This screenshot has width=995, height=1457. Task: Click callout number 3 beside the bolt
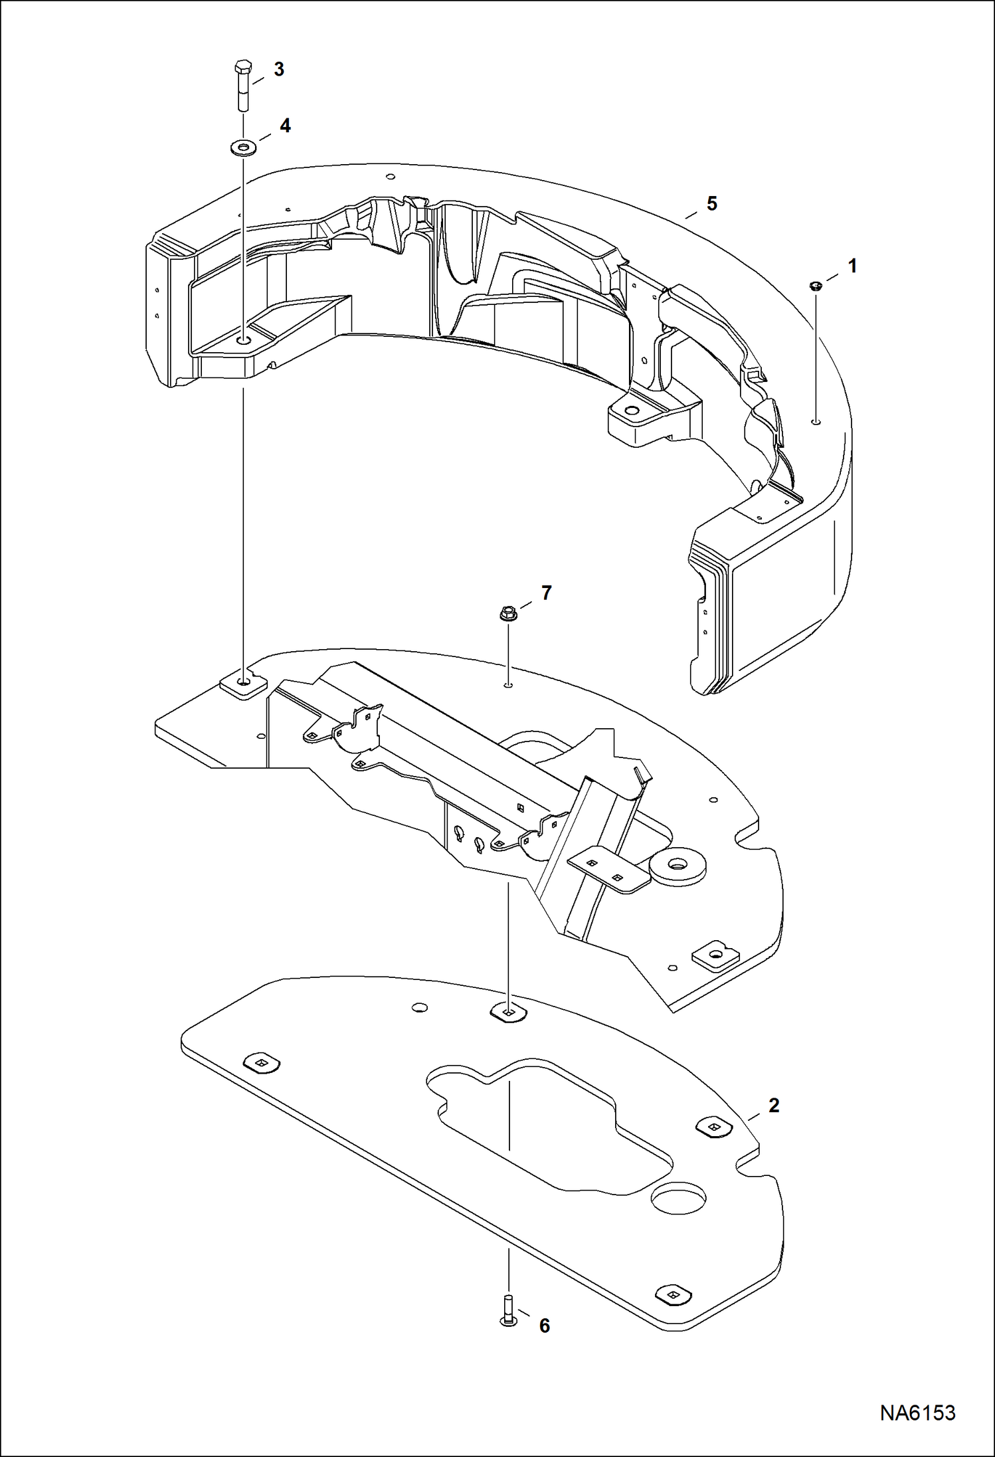coord(279,69)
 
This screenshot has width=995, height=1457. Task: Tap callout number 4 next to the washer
coord(285,126)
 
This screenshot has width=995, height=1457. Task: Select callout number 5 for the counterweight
coord(712,203)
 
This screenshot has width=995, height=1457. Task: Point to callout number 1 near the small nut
coord(852,266)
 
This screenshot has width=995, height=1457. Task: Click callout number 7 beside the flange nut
coord(546,593)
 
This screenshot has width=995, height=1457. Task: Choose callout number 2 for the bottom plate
coord(773,1106)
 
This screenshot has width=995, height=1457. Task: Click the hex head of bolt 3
coord(244,67)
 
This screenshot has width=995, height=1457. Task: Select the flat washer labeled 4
coord(244,146)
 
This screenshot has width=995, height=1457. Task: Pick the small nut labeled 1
coord(816,286)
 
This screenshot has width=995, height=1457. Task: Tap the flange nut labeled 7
coord(507,614)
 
